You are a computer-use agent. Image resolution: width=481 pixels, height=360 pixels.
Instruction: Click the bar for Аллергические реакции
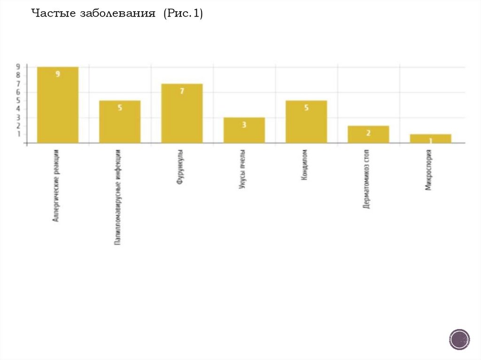pos(58,105)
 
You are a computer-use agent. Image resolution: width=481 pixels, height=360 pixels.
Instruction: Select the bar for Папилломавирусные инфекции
pos(120,122)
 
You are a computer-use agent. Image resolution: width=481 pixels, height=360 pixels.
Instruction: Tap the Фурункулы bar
pos(182,113)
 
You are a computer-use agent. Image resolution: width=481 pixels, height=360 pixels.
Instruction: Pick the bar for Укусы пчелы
pos(244,130)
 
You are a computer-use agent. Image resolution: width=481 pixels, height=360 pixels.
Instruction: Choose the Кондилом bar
pos(306,122)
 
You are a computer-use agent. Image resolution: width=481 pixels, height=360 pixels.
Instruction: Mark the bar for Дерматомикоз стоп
pos(368,134)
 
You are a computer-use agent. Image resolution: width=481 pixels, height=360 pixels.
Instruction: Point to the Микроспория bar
pos(430,138)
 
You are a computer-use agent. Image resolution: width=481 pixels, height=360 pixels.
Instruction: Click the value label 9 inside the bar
pos(58,74)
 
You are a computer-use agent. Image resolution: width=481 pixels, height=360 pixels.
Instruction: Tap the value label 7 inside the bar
pos(182,91)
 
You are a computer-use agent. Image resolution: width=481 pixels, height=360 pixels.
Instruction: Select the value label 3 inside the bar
pos(244,125)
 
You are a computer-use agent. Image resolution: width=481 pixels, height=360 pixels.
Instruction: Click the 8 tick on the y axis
pos(19,75)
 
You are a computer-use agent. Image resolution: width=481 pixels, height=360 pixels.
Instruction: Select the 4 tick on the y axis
pos(19,109)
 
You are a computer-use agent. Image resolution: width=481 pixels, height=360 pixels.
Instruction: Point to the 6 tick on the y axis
pos(19,92)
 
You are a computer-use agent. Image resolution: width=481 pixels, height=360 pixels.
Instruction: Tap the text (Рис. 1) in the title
pos(183,14)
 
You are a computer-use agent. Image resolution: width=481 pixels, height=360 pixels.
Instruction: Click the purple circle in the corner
pos(459,339)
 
